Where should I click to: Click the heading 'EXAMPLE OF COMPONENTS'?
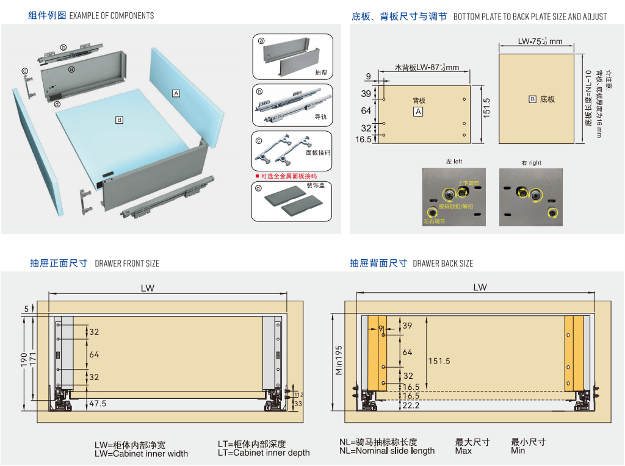point(112,15)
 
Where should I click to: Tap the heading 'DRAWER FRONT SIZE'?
point(127,263)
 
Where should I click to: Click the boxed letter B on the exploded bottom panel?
point(119,120)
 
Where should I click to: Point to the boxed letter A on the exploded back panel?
point(176,93)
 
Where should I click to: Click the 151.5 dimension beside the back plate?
point(486,109)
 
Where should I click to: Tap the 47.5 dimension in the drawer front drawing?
point(98,404)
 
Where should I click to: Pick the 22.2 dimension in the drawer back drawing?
point(411,405)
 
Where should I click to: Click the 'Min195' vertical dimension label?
point(338,359)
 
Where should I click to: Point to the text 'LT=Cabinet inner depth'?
point(264,453)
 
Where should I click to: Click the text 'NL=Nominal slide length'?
point(387,451)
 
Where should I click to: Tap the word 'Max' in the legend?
point(463,451)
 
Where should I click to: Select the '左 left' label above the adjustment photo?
point(454,162)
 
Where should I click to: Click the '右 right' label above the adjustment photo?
point(531,163)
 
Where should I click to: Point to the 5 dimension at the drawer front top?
point(27,309)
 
